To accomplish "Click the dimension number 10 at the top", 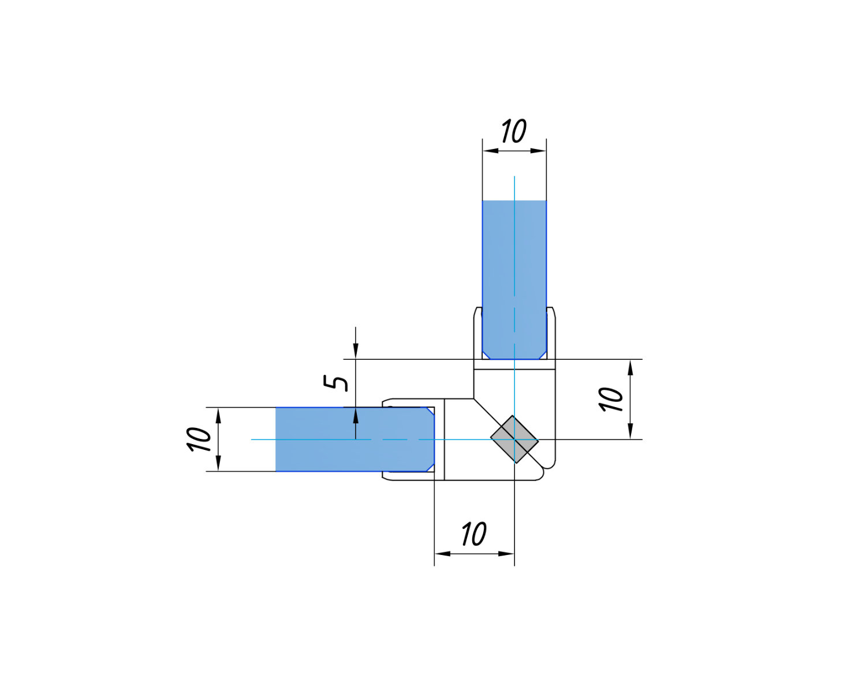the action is pyautogui.click(x=514, y=131).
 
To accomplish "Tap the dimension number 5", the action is pyautogui.click(x=335, y=382).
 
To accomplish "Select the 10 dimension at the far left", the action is pyautogui.click(x=199, y=439).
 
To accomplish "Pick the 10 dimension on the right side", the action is pyautogui.click(x=611, y=399).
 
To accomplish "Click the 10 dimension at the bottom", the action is pyautogui.click(x=475, y=534).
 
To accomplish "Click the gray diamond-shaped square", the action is pyautogui.click(x=514, y=439).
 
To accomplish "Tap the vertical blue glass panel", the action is pyautogui.click(x=514, y=280).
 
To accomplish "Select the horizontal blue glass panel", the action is pyautogui.click(x=355, y=439).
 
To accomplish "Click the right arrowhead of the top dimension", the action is pyautogui.click(x=539, y=151).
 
